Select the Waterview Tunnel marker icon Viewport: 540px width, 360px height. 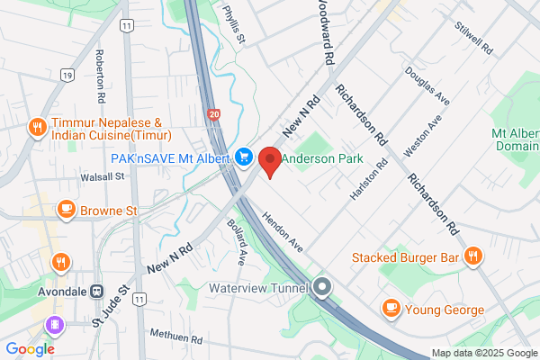tap(323, 288)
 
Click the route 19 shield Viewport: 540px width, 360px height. tap(67, 74)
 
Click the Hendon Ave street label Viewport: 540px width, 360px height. tap(282, 231)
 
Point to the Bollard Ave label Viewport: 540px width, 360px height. tap(237, 241)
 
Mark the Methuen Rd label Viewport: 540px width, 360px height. tap(176, 338)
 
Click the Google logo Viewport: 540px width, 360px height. tap(30, 348)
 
